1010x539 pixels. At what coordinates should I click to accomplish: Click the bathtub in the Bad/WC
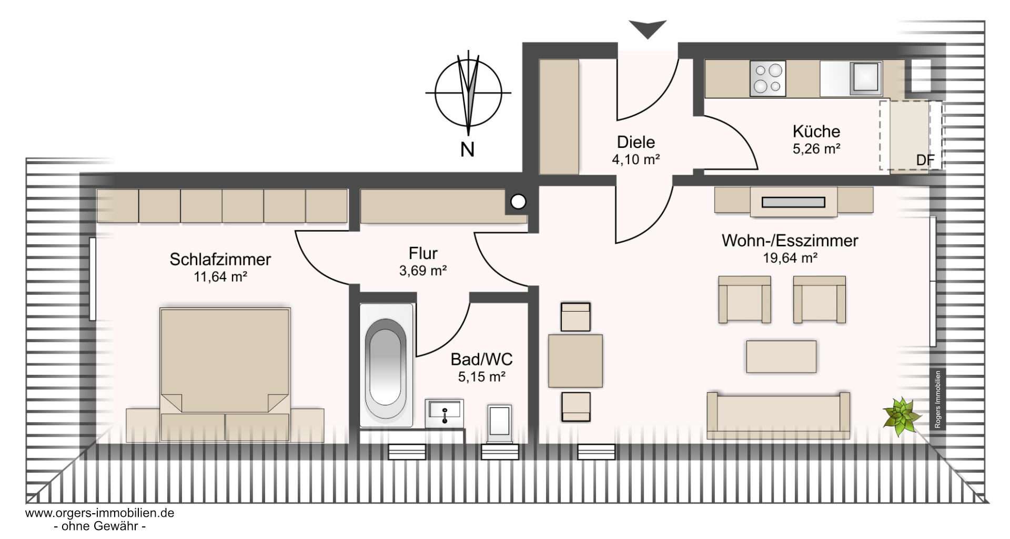pos(386,365)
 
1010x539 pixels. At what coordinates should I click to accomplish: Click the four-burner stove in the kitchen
pos(768,78)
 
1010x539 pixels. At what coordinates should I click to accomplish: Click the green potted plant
pos(902,416)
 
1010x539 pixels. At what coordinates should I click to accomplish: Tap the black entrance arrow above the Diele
pos(648,29)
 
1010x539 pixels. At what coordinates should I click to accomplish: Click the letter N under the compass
pos(467,150)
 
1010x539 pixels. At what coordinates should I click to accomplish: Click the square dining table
pos(575,361)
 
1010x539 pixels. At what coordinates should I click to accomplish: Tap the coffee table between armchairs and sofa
pos(782,357)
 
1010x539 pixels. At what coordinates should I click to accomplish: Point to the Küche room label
pos(816,131)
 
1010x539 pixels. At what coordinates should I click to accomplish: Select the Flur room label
pos(423,253)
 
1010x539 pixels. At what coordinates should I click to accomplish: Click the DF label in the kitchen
pos(925,161)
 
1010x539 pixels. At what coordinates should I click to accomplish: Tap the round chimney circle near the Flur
pos(518,201)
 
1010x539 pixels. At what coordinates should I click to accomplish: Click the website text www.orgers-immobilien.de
pos(100,513)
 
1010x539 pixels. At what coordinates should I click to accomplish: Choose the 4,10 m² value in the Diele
pos(635,159)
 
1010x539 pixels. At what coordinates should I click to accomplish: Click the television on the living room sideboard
pos(793,202)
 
